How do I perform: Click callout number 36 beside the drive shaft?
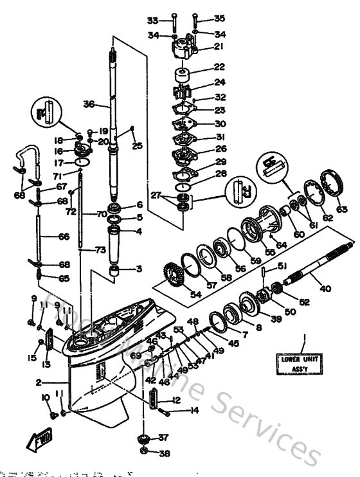pyautogui.click(x=89, y=104)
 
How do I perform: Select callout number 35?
pyautogui.click(x=220, y=19)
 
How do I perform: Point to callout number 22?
pyautogui.click(x=220, y=67)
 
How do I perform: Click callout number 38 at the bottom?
pyautogui.click(x=164, y=453)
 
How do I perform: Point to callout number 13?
pyautogui.click(x=45, y=364)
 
